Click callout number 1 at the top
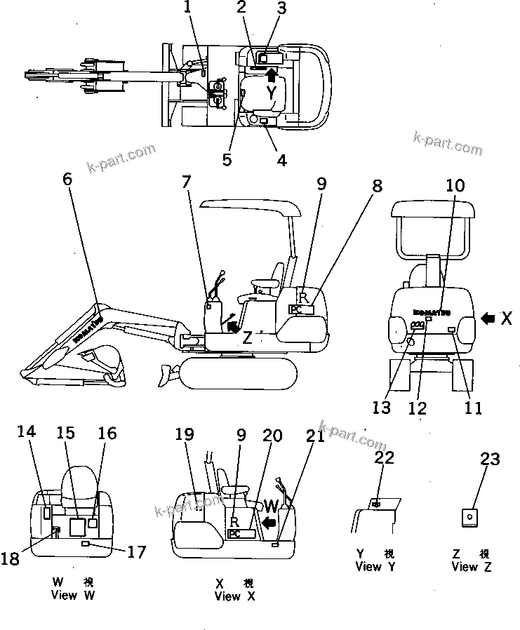pyautogui.click(x=187, y=8)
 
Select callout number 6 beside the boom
pyautogui.click(x=67, y=178)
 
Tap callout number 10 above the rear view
pyautogui.click(x=455, y=185)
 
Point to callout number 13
pyautogui.click(x=382, y=407)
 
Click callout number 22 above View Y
pyautogui.click(x=384, y=458)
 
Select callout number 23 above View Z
pyautogui.click(x=490, y=460)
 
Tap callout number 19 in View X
pyautogui.click(x=184, y=436)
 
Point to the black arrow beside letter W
pyautogui.click(x=267, y=522)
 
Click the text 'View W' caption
pyautogui.click(x=73, y=596)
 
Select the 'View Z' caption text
pyautogui.click(x=472, y=566)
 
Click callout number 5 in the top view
pyautogui.click(x=227, y=159)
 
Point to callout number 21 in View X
pyautogui.click(x=315, y=436)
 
